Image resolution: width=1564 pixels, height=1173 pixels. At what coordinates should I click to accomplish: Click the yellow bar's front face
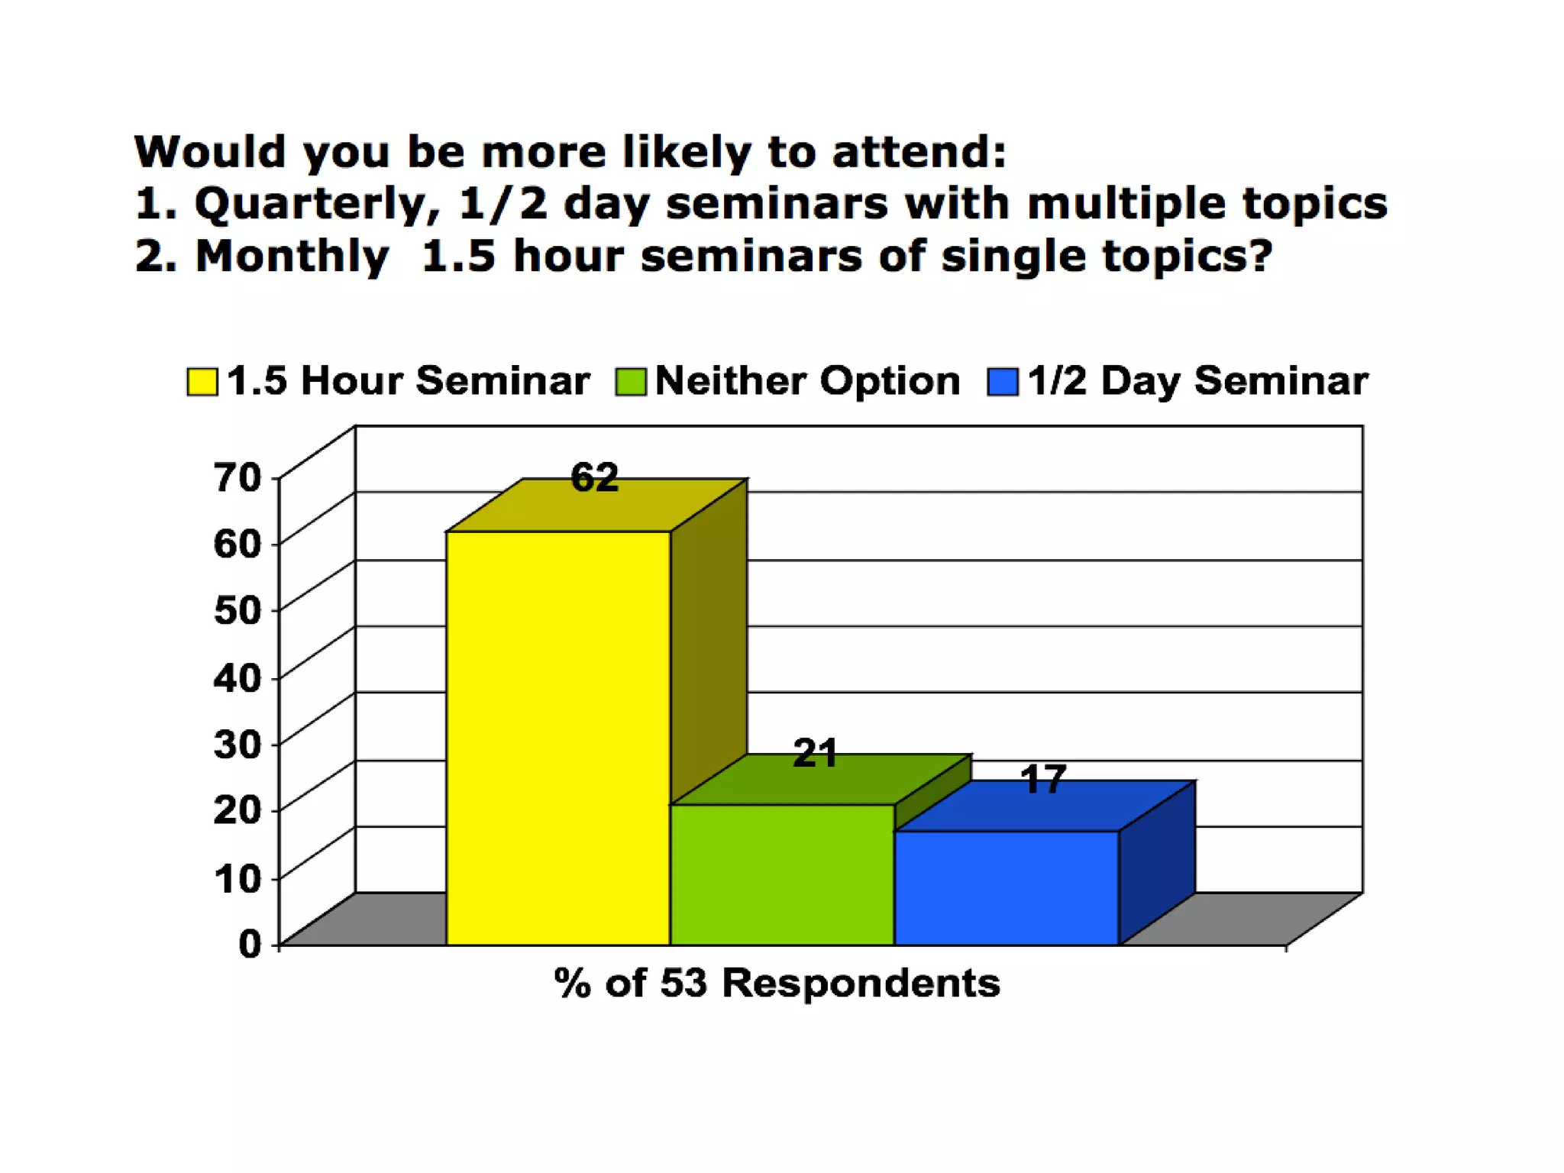558,738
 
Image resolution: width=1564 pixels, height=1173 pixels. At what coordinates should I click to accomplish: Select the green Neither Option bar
782,874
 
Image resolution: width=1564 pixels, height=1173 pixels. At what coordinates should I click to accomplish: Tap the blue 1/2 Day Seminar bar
1007,887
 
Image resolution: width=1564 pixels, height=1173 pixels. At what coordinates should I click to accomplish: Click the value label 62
594,478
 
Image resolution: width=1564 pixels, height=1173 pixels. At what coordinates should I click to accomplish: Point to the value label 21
815,754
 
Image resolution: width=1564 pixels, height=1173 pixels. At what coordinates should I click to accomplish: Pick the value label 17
1042,780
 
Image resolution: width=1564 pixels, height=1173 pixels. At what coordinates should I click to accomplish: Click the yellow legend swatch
202,382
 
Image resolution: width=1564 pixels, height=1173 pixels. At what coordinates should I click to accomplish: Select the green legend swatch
631,382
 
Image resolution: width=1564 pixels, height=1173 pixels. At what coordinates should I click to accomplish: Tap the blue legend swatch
1002,382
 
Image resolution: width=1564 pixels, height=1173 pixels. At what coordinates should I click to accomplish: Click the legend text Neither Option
807,380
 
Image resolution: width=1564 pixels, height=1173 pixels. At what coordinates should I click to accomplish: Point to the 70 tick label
238,478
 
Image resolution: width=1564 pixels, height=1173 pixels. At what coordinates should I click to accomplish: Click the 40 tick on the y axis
238,677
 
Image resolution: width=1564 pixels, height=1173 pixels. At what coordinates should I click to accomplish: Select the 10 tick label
238,878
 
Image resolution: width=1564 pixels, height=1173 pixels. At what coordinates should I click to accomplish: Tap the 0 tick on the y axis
250,945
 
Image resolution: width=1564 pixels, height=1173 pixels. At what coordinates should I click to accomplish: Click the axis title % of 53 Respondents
777,983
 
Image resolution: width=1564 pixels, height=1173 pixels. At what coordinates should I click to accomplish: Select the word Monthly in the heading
292,256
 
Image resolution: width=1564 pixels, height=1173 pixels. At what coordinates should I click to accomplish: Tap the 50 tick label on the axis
238,610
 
